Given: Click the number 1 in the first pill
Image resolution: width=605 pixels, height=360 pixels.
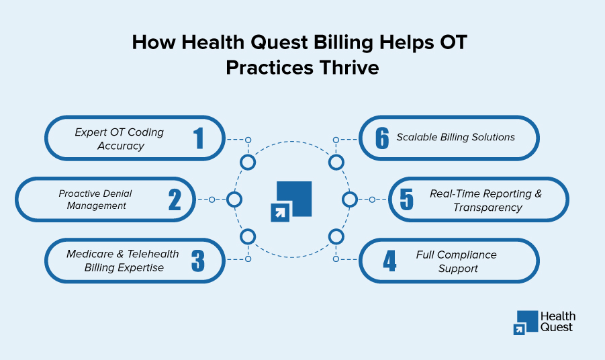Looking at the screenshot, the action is [199, 138].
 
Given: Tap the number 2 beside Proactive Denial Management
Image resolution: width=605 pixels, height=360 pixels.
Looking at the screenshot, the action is [175, 199].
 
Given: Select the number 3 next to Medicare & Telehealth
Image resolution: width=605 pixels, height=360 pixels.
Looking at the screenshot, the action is [198, 261].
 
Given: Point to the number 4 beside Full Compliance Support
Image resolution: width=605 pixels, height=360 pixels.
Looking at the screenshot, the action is [389, 261].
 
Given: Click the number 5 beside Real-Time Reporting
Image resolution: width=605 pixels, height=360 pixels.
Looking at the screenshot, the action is [407, 199].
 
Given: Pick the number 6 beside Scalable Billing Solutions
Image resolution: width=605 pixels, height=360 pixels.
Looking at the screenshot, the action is [382, 138].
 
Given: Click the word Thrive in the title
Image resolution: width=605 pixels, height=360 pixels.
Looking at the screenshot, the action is [349, 68].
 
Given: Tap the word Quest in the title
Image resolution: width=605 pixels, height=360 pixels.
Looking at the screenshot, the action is [279, 42].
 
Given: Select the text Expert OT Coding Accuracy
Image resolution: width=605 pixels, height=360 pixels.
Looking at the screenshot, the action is [120, 139].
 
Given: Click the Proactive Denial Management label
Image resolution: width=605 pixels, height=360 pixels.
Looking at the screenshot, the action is [95, 199].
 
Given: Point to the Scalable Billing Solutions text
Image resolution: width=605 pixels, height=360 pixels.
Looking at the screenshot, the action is [456, 137].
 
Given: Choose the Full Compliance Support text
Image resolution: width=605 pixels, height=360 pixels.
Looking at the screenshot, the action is [457, 261].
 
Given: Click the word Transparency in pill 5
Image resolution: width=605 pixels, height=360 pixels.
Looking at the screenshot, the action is [487, 208].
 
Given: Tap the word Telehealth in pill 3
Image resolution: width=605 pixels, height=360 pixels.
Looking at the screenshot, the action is [153, 254].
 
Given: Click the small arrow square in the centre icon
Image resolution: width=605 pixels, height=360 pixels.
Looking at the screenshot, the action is [280, 212].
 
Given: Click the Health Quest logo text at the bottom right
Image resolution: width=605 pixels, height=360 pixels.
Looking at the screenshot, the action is [557, 322].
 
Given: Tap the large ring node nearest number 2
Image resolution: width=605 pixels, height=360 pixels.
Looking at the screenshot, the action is [234, 199].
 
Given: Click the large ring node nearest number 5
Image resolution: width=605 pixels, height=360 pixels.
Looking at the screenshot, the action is [350, 199].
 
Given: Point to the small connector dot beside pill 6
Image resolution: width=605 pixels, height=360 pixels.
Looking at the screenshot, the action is [336, 140].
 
